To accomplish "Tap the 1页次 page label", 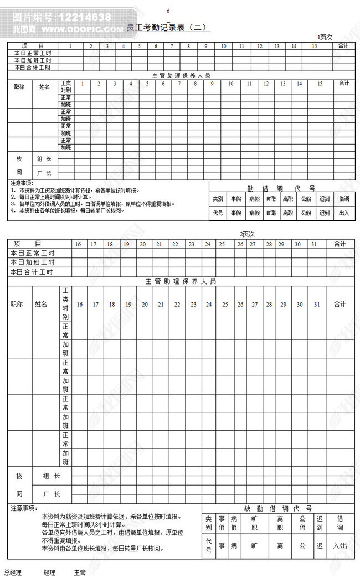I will click(325, 37).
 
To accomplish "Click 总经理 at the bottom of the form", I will click(13, 572).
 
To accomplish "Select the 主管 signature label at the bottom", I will click(80, 572).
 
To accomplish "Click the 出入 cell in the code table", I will click(344, 213).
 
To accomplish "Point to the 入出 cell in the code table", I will click(340, 545).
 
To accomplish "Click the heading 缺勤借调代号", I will click(278, 508).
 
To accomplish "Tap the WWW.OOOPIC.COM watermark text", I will click(83, 29).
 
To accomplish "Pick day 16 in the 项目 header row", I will click(78, 244).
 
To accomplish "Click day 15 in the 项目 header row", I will click(314, 45).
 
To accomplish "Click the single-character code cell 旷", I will click(254, 545).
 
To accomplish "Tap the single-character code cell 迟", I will click(320, 545).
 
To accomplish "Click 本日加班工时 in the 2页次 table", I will click(33, 262).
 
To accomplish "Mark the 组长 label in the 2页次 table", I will click(52, 476).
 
